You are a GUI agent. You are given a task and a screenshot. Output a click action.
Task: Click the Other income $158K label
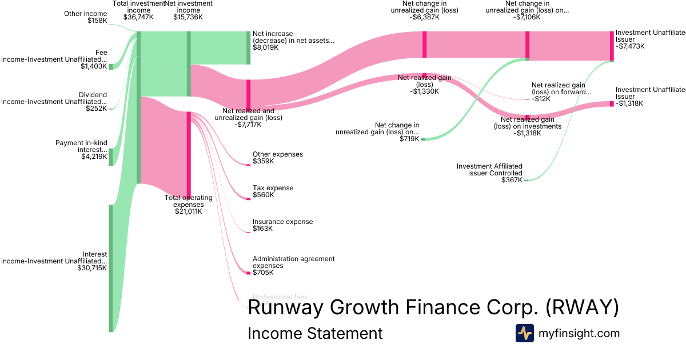[85, 17]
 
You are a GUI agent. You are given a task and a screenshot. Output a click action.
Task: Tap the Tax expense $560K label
[273, 191]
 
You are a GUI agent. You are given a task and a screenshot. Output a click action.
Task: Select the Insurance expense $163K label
[282, 225]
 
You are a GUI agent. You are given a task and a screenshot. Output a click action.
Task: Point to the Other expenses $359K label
[277, 158]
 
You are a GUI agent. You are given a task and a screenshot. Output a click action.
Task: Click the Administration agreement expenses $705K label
[293, 265]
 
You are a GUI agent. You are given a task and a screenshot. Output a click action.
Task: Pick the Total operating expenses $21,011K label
[188, 204]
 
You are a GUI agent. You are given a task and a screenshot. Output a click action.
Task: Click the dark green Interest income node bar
[111, 268]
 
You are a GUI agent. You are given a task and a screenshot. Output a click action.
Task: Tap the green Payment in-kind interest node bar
[111, 157]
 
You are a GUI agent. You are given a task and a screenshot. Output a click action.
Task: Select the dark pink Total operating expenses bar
[189, 154]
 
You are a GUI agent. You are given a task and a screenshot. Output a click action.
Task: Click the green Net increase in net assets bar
[248, 47]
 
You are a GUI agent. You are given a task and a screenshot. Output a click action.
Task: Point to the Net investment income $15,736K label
[188, 10]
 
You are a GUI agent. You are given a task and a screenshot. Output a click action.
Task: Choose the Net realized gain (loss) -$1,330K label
[424, 84]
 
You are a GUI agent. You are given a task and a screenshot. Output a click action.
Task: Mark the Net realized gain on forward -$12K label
[561, 91]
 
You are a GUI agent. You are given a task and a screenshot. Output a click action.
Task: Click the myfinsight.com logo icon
[524, 333]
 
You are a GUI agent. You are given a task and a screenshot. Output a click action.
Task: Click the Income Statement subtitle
[315, 333]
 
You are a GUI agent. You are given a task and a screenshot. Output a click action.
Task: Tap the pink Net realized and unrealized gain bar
[249, 94]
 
